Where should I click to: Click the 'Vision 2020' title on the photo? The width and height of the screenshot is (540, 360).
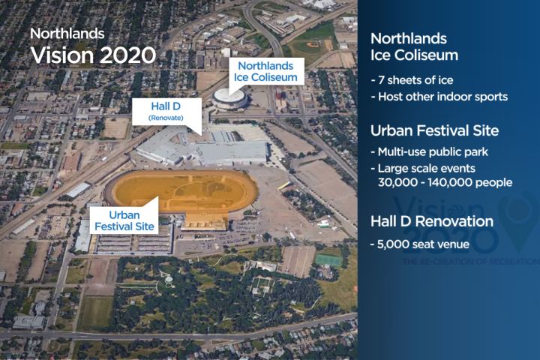pos(92,55)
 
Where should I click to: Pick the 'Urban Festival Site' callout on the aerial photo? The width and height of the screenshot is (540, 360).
pos(121,219)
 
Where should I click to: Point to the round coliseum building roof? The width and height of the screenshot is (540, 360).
pos(229,97)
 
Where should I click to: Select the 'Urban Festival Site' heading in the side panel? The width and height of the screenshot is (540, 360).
pos(434,130)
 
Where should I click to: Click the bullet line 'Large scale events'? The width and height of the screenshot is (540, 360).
pos(422,168)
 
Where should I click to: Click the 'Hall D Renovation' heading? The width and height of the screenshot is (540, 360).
pos(431,221)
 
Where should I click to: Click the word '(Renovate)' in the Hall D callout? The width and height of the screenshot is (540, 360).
pos(166,118)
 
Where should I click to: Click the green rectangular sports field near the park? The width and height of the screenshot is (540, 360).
pos(328,259)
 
